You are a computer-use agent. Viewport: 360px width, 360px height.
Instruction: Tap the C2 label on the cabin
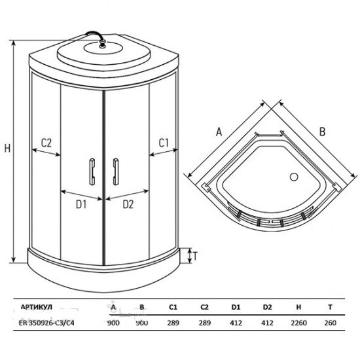tap(46, 142)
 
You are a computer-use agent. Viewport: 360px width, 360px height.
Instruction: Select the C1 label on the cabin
tap(164, 142)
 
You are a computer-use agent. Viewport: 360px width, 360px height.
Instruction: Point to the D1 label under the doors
tap(81, 204)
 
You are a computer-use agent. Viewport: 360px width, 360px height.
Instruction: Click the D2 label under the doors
tap(128, 204)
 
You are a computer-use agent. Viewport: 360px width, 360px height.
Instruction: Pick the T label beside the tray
tap(196, 256)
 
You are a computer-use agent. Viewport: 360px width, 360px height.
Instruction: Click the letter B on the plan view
tap(321, 131)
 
